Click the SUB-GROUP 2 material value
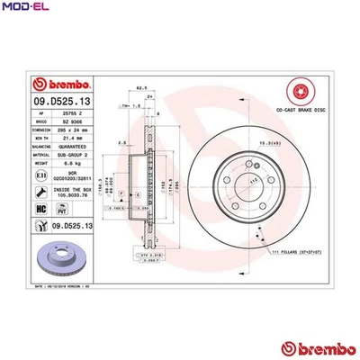(x=74, y=153)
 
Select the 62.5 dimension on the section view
(x=141, y=86)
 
